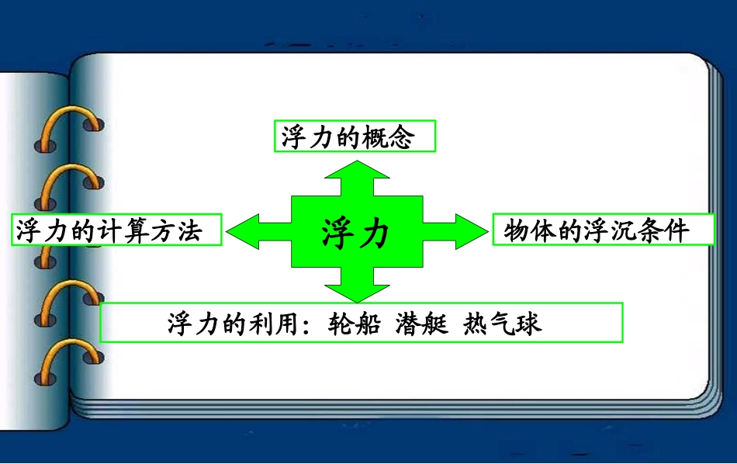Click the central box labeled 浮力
[x=356, y=232]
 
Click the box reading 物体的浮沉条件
[x=603, y=230]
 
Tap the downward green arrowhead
[x=356, y=291]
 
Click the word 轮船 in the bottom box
[x=354, y=323]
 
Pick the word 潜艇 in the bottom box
[x=422, y=323]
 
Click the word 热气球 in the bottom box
[x=502, y=323]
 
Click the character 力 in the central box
[x=374, y=233]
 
